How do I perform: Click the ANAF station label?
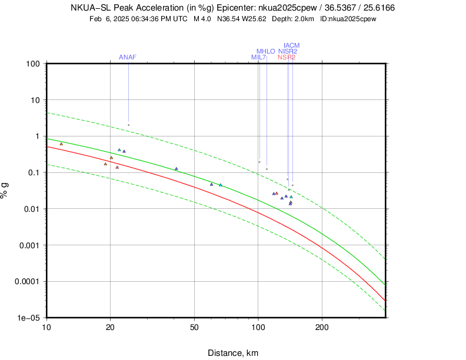pos(128,57)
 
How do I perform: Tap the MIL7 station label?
pos(259,57)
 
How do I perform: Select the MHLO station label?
pos(265,51)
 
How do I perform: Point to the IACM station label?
pos(291,45)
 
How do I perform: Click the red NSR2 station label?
pos(287,57)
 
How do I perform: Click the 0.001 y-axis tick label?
pos(29,245)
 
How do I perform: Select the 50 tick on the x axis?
pos(194,327)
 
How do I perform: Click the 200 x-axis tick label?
pos(322,327)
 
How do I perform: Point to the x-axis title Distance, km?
pos(232,353)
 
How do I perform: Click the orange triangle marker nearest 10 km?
pos(61,144)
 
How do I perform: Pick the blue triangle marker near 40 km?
pos(176,169)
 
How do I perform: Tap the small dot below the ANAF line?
pos(128,125)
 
